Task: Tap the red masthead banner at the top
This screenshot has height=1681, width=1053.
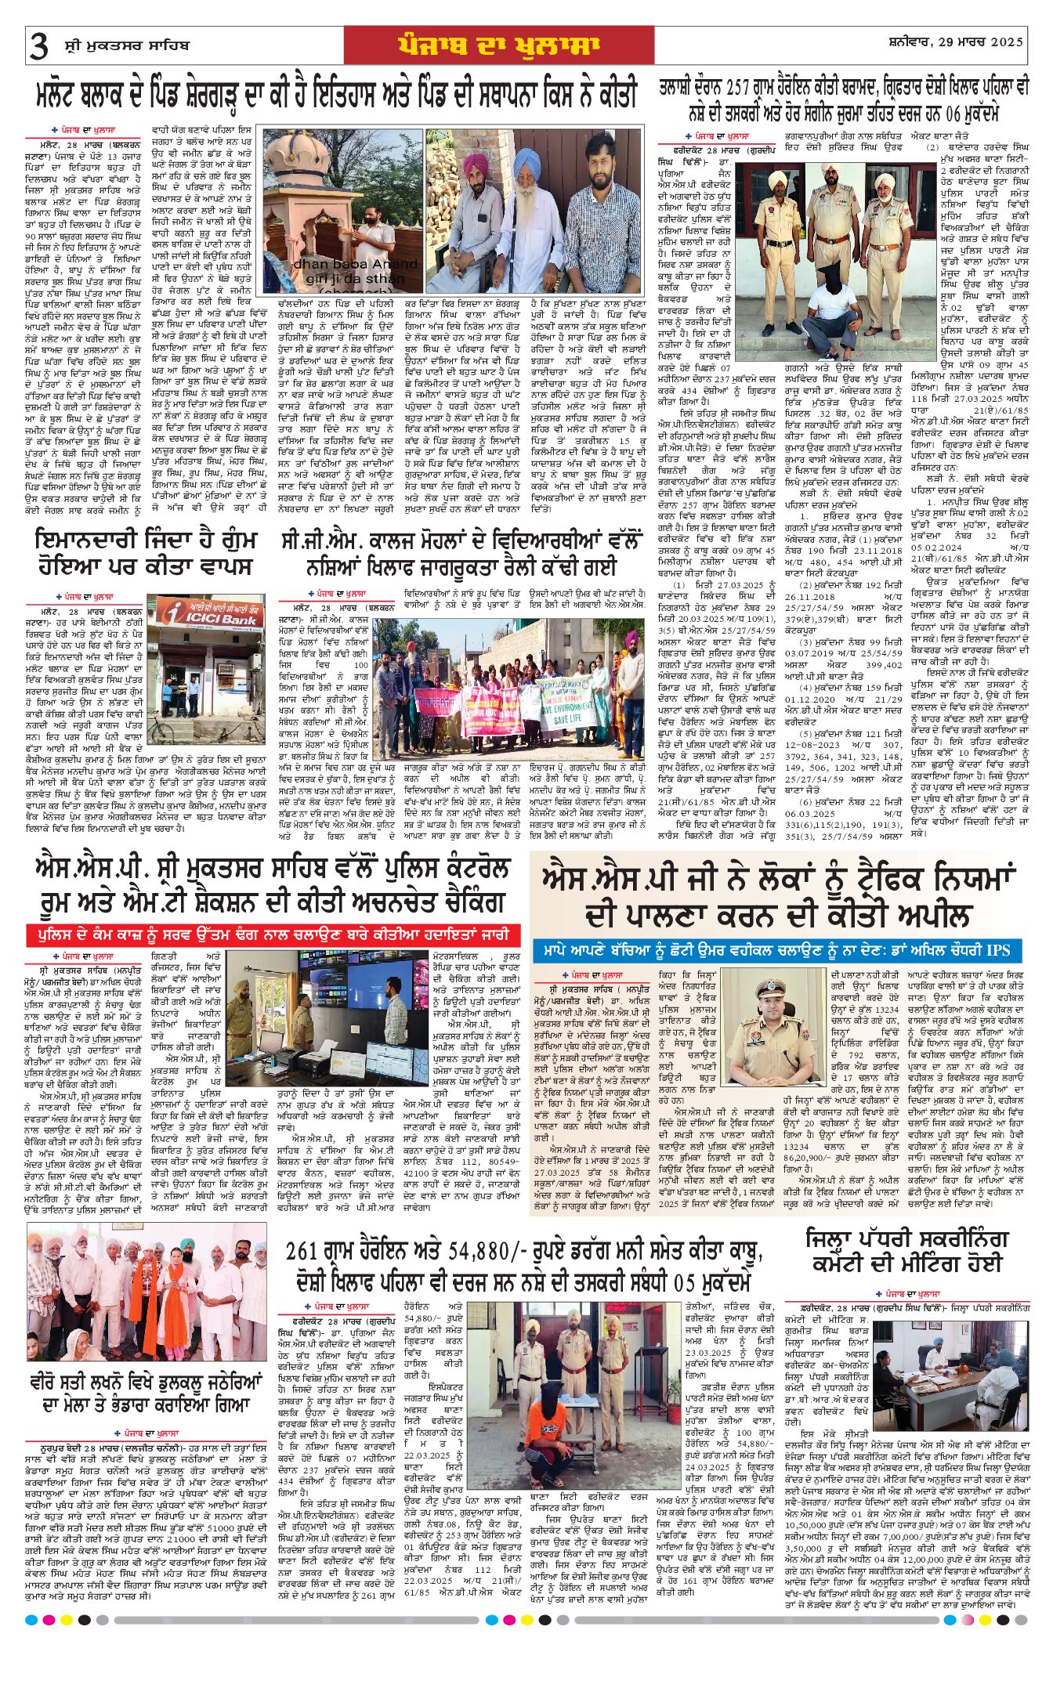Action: pos(498,45)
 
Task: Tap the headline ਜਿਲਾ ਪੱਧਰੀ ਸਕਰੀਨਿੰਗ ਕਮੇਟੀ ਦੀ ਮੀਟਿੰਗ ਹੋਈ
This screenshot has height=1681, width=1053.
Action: pos(907,1251)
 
